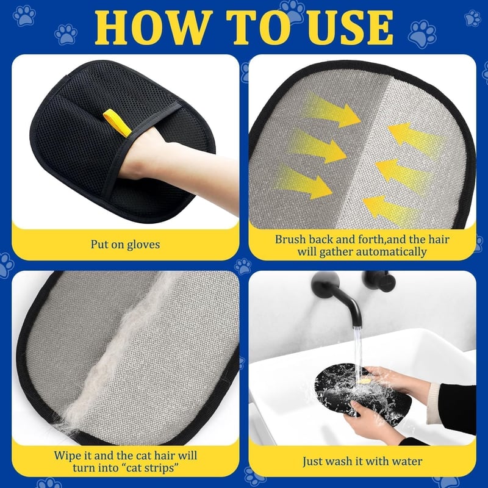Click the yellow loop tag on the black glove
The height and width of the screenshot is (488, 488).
click(117, 123)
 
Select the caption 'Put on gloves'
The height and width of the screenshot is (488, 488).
click(125, 245)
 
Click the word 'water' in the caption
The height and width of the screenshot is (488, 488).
click(407, 461)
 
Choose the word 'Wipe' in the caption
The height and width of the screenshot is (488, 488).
click(66, 456)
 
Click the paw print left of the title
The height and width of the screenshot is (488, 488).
click(66, 34)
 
